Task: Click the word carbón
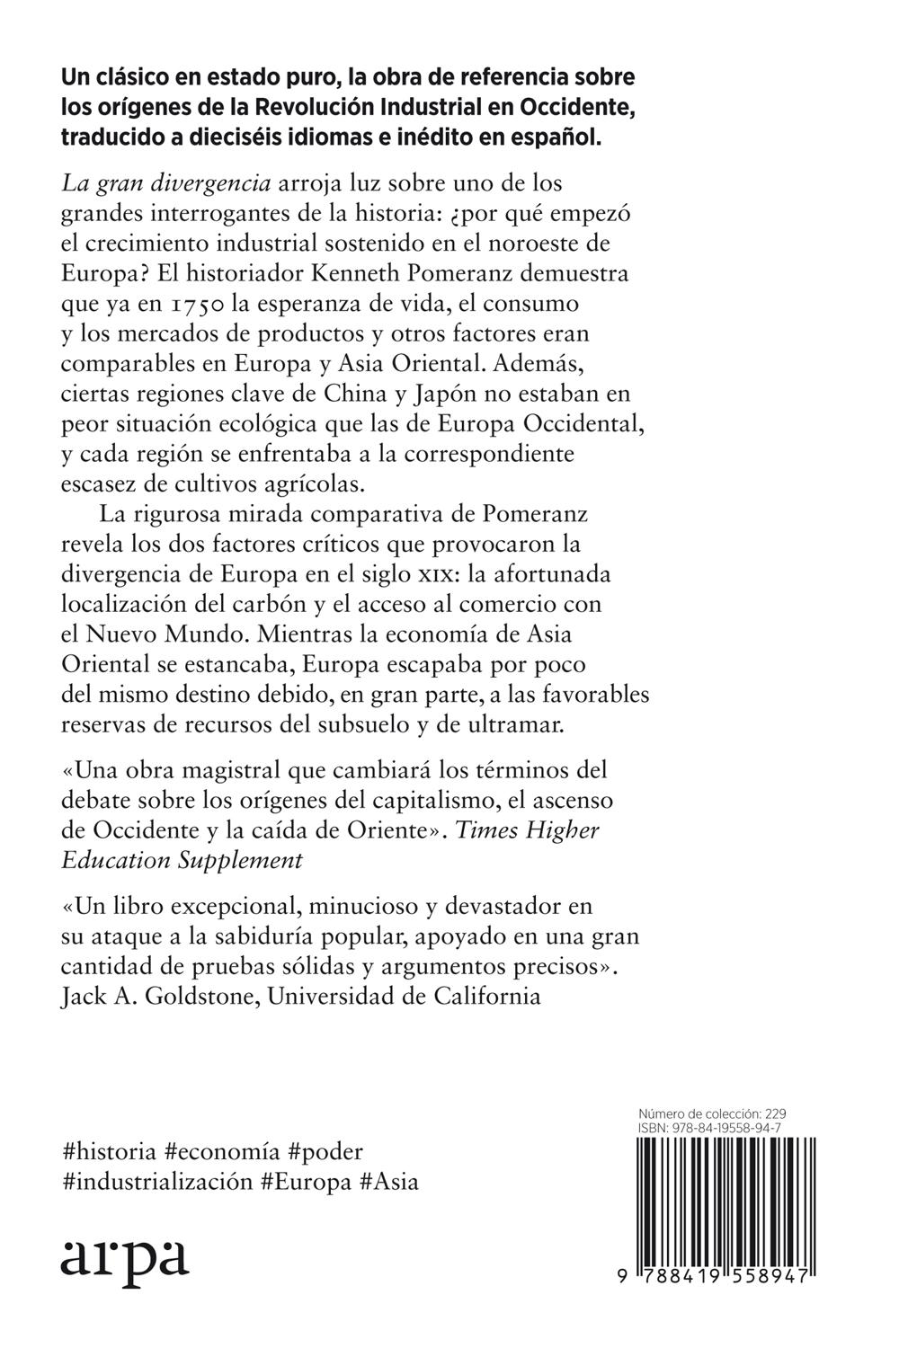point(270,603)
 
